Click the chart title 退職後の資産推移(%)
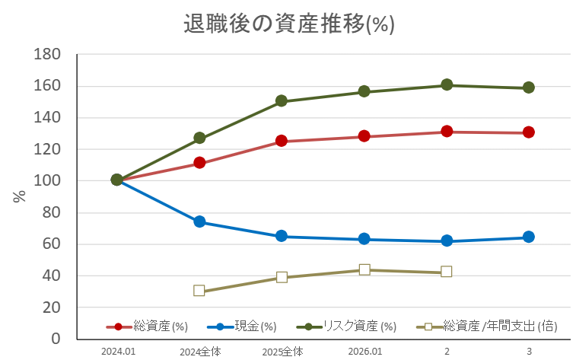288,24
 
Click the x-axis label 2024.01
117,352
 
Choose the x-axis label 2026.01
364,352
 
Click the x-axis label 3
529,352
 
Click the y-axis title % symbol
20,196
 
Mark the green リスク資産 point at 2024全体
199,138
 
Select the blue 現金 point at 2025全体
282,236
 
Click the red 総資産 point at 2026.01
364,136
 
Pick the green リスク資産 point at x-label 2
447,84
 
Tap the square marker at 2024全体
199,291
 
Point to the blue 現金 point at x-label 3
529,237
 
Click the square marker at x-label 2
447,272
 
